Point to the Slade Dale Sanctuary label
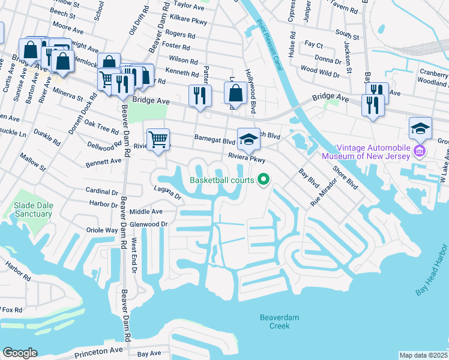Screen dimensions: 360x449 pos(33,210)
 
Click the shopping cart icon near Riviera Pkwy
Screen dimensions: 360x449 pos(158,139)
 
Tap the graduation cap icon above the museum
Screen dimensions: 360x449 pos(420,127)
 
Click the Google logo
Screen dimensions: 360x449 pos(20,352)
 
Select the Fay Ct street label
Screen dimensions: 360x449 pos(314,45)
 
